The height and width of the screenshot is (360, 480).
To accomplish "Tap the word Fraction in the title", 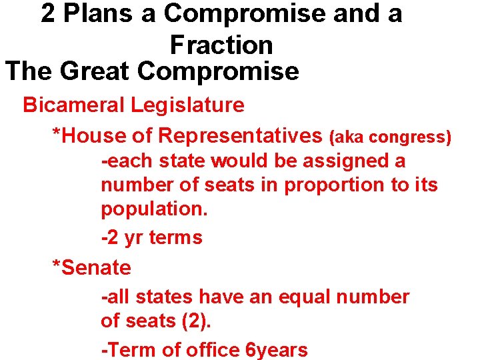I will click(x=221, y=45).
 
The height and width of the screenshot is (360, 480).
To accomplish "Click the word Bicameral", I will click(x=74, y=105).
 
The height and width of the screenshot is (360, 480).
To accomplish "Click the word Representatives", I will click(x=241, y=136).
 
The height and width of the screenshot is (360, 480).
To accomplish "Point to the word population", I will click(x=154, y=209).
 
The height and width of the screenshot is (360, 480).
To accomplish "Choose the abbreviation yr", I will click(x=133, y=237).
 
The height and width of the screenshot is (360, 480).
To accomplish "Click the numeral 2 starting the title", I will click(x=48, y=13).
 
